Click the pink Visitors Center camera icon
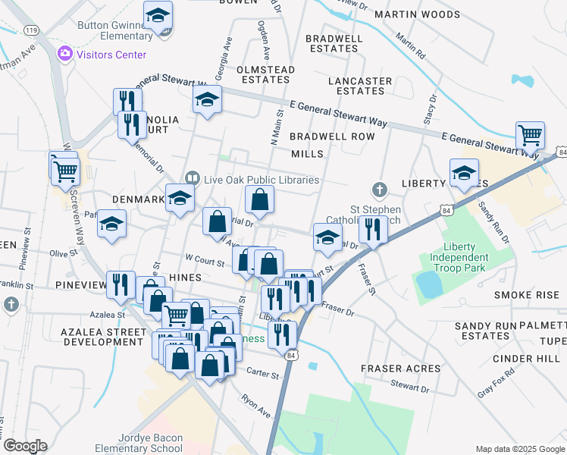[65, 53]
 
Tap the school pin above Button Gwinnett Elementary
[158, 16]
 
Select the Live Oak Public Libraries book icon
[192, 179]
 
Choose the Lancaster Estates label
[360, 86]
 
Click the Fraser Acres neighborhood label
[400, 369]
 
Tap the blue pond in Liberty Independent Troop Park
[430, 284]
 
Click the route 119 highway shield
[31, 30]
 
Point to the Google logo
[24, 446]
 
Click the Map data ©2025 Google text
[519, 449]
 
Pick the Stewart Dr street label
[412, 388]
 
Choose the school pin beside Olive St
[111, 224]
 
